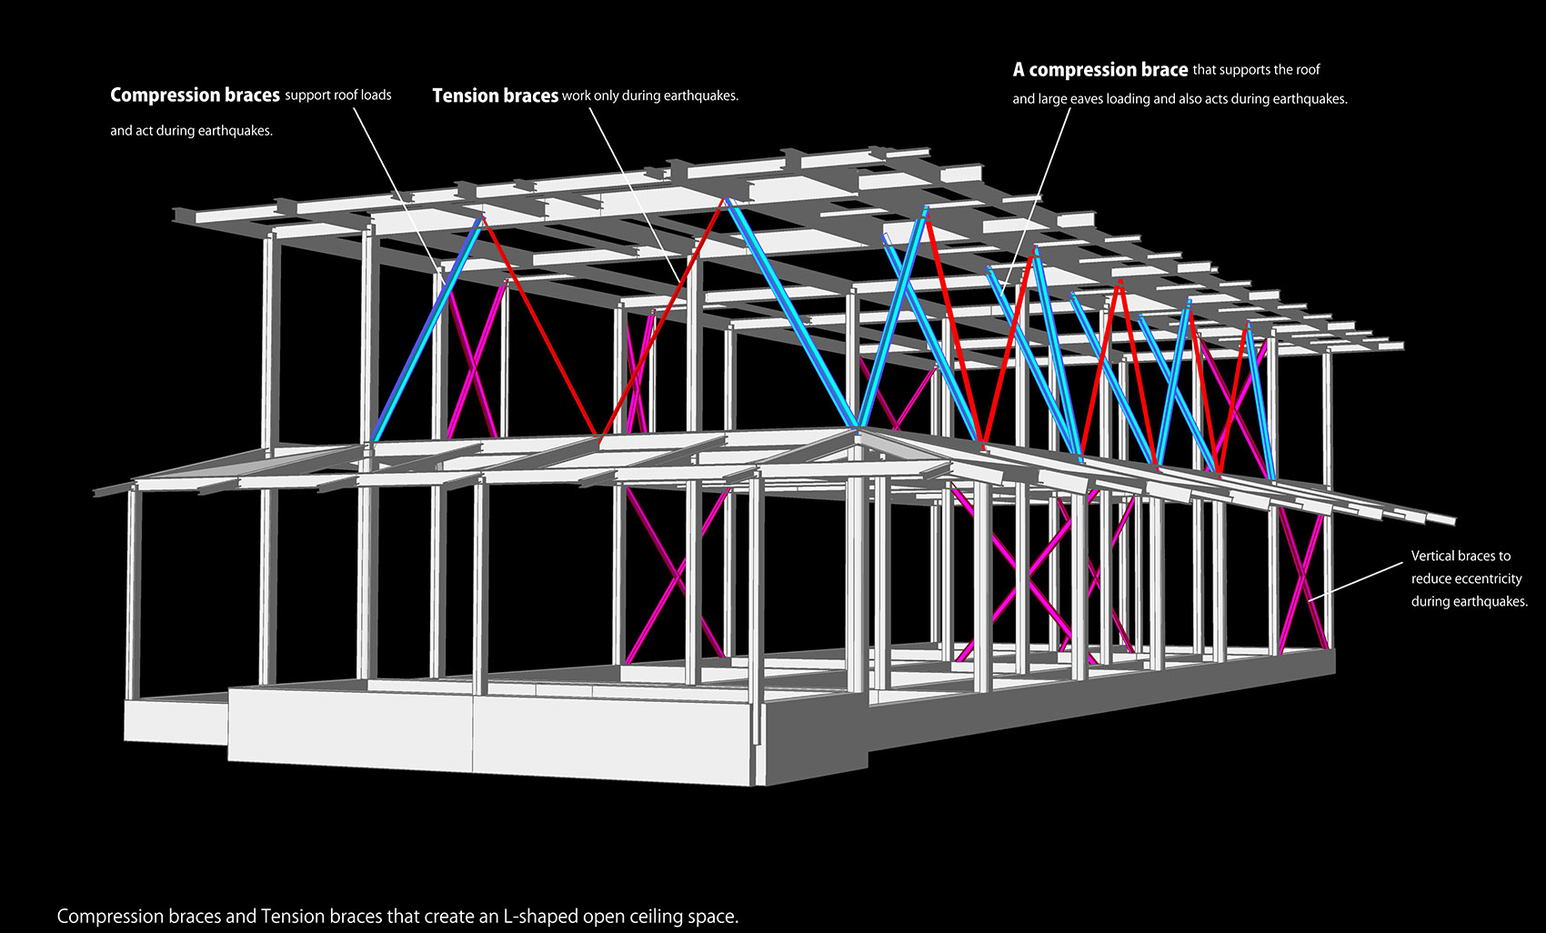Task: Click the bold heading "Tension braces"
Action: click(x=495, y=95)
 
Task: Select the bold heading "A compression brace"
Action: click(x=1100, y=70)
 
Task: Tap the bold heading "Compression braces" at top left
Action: click(x=195, y=95)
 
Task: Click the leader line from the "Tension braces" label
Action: click(x=634, y=194)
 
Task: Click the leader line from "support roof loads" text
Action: click(x=399, y=190)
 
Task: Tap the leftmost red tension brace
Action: click(x=540, y=326)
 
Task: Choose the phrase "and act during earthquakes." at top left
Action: click(x=191, y=131)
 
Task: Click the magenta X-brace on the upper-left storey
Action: click(x=477, y=359)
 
